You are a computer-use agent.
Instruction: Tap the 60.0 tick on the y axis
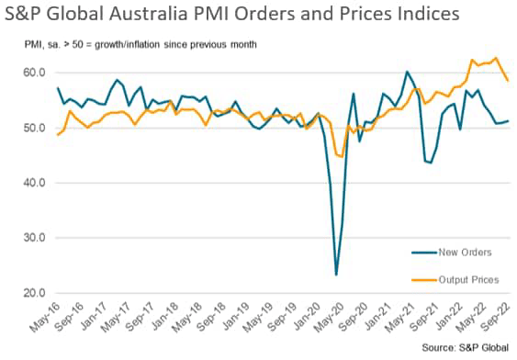(34, 73)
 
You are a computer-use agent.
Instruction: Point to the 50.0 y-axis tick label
(34, 128)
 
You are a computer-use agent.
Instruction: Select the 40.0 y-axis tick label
(34, 183)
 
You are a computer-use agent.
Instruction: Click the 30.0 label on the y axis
(34, 238)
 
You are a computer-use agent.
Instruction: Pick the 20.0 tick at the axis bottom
(34, 293)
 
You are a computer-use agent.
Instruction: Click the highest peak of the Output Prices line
(496, 58)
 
